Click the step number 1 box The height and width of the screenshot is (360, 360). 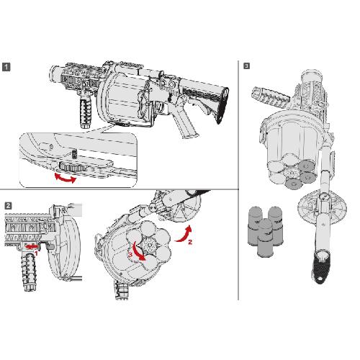(x=6, y=67)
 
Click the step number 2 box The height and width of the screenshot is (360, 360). (x=8, y=206)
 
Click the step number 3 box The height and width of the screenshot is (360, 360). (x=246, y=66)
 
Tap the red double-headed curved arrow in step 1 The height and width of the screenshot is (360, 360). (x=66, y=179)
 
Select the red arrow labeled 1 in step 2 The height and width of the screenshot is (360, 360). (x=32, y=246)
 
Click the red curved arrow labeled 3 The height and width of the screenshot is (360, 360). (x=139, y=251)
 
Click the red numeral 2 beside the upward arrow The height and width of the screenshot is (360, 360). (x=190, y=242)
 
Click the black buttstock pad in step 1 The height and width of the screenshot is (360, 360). (x=222, y=106)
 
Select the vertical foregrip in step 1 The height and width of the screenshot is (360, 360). (x=86, y=113)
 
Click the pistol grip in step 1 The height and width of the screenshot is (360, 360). (x=185, y=125)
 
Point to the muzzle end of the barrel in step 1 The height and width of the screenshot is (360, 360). (x=53, y=73)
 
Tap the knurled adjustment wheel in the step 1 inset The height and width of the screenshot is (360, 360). (x=73, y=166)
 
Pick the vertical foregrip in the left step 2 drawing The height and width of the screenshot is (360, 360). (x=30, y=271)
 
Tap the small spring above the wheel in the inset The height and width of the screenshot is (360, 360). (x=74, y=154)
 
